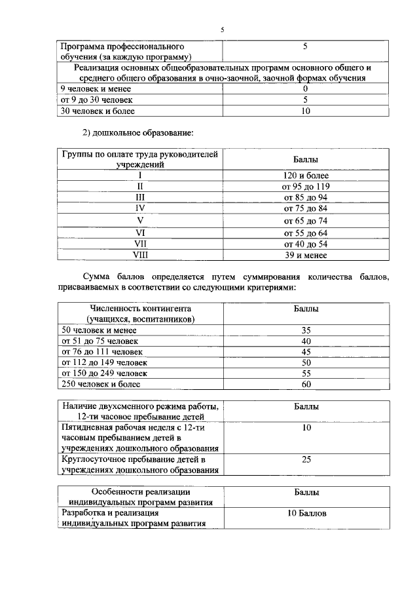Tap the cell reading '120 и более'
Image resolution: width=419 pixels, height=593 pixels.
tap(305, 176)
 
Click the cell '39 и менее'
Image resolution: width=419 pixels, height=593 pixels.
tap(305, 256)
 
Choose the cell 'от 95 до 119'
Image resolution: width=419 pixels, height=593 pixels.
tap(305, 186)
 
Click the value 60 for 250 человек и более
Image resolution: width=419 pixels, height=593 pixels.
tap(306, 384)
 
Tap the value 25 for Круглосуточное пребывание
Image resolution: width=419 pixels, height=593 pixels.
tap(306, 460)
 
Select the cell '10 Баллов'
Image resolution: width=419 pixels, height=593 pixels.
tap(306, 513)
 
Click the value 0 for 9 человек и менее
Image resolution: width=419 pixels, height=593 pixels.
tap(306, 88)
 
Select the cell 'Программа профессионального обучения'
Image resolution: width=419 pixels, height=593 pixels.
tap(122, 52)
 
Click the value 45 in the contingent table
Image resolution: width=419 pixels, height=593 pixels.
tap(306, 352)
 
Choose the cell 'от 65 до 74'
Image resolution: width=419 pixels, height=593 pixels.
tap(305, 221)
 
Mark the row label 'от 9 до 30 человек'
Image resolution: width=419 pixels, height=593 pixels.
tap(96, 100)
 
